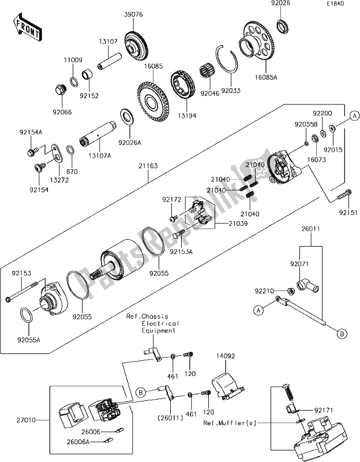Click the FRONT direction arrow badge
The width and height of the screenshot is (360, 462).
point(27,28)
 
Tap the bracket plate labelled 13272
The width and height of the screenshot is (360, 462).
point(56,152)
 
